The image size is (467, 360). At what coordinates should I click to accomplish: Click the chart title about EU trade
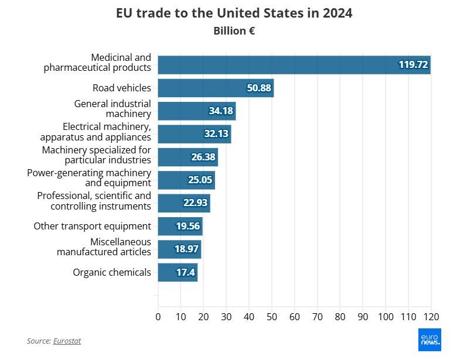(234, 13)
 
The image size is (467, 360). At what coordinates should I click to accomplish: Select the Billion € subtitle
(234, 31)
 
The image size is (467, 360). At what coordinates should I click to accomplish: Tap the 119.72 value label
(413, 64)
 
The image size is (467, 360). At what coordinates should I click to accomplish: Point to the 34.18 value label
(221, 111)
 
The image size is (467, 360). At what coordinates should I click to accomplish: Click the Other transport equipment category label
(92, 226)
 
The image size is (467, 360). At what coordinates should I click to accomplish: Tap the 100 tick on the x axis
(386, 317)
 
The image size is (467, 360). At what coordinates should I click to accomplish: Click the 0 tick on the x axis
(158, 317)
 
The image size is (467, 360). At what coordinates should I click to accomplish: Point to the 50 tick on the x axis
(272, 317)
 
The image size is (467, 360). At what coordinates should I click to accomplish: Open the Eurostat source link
(67, 341)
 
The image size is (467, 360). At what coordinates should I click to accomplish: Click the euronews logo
(429, 340)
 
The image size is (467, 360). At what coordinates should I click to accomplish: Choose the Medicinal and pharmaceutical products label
(97, 63)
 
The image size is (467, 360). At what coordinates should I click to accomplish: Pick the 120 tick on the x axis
(431, 317)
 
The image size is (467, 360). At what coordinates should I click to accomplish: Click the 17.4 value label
(186, 272)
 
